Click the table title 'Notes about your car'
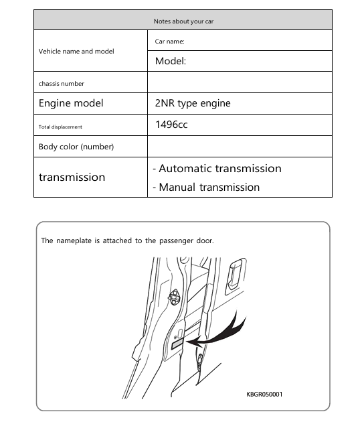(x=183, y=21)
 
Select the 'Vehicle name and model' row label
(x=76, y=51)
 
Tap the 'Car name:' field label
(x=169, y=42)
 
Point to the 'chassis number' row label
(x=62, y=83)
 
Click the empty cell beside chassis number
(x=240, y=82)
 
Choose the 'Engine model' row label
(x=71, y=104)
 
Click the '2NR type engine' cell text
(x=193, y=104)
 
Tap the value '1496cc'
(x=171, y=125)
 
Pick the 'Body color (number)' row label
(x=76, y=147)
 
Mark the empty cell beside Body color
(x=240, y=147)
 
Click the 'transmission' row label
(x=72, y=177)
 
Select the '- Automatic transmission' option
(x=217, y=169)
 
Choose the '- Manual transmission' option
(x=206, y=188)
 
